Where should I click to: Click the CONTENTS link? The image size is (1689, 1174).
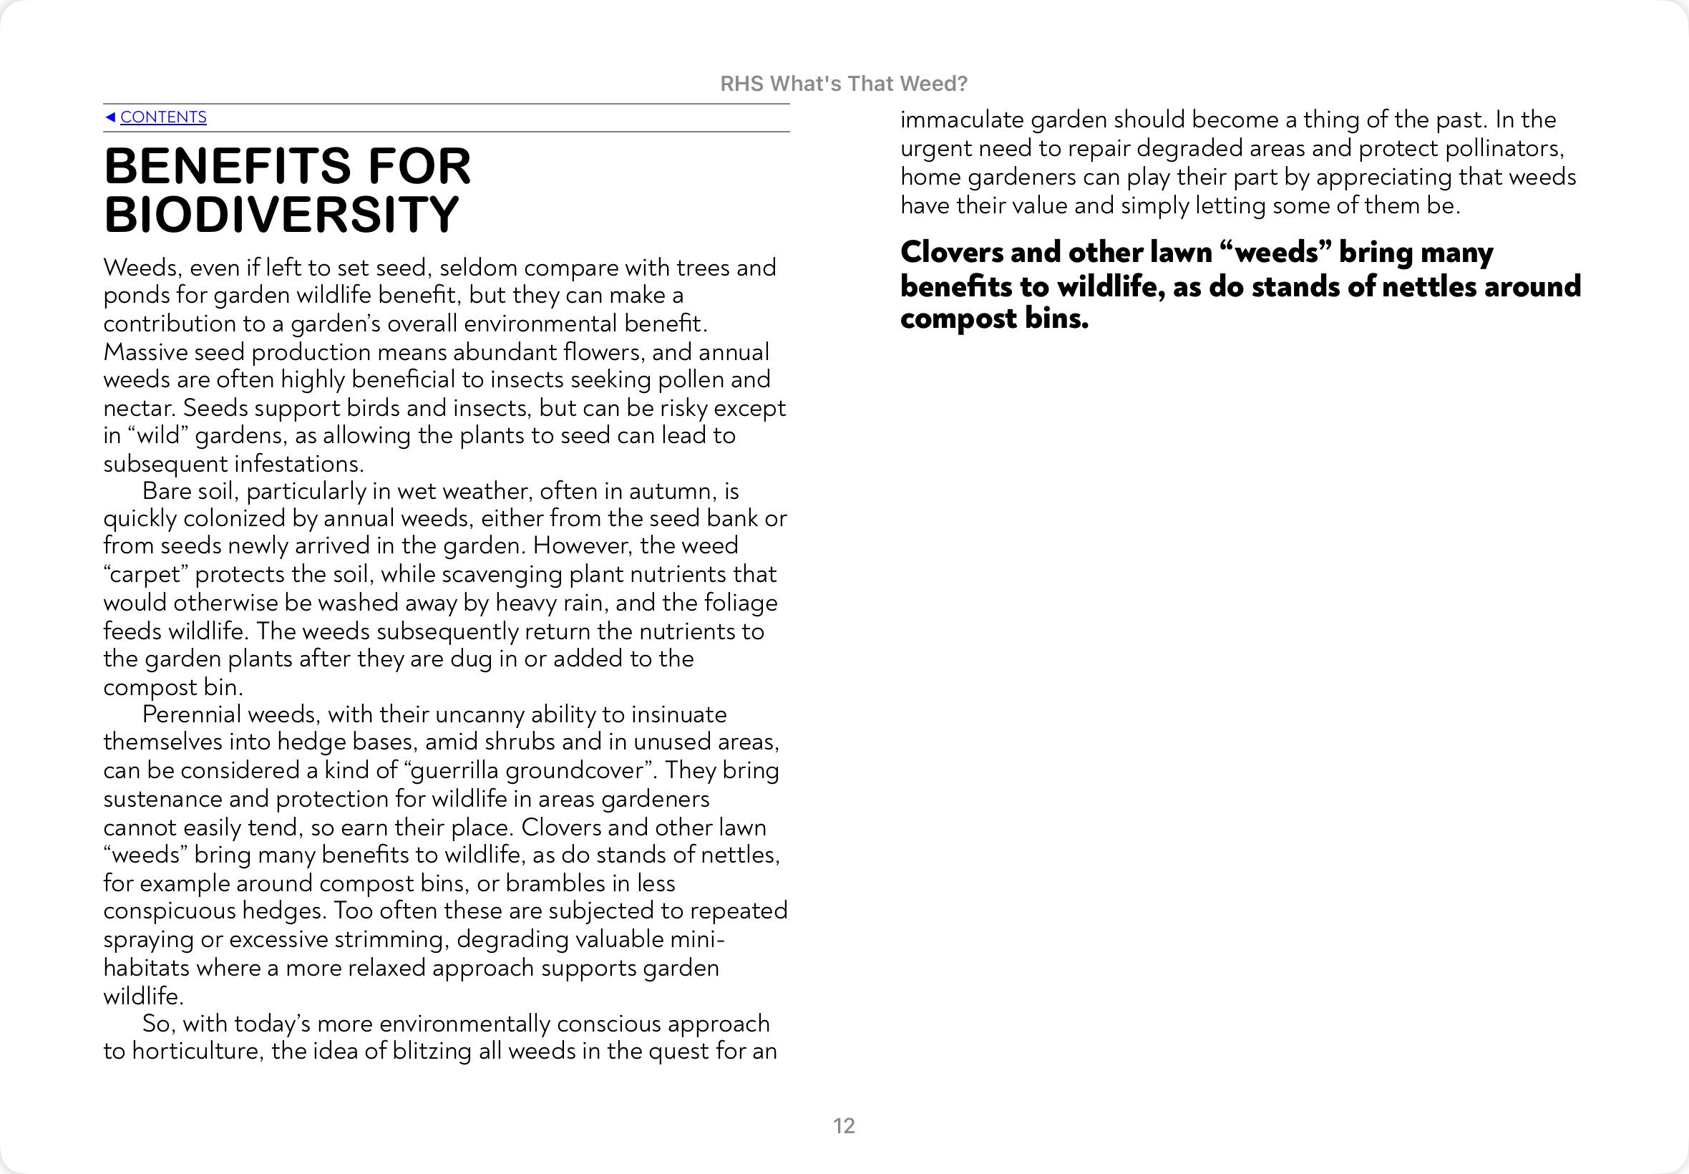point(162,117)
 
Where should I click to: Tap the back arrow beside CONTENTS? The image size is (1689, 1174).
point(110,117)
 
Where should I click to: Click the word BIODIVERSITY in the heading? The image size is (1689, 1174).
point(282,215)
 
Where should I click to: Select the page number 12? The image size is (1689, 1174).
point(843,1125)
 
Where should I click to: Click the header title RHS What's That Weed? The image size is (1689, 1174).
point(843,84)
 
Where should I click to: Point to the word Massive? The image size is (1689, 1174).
point(145,352)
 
